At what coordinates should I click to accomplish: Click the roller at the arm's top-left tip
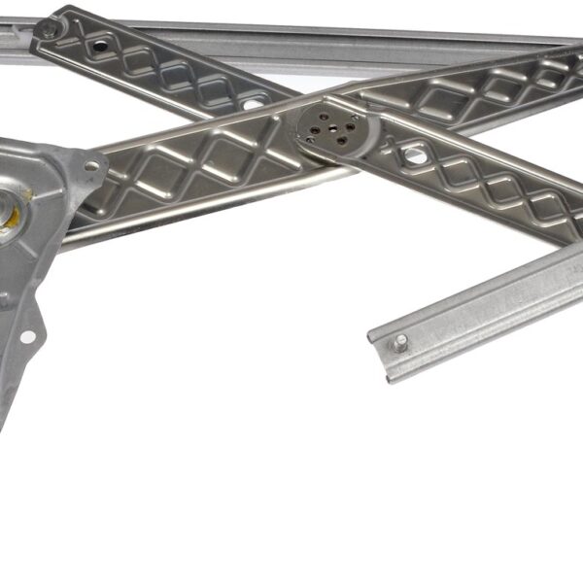[46, 30]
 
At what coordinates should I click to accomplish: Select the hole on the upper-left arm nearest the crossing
[251, 101]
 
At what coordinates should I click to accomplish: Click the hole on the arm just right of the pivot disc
[414, 154]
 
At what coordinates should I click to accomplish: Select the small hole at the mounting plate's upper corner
[90, 166]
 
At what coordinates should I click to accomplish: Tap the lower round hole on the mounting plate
[27, 337]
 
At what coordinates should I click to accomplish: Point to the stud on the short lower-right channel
[399, 342]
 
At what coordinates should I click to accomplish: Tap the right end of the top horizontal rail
[573, 41]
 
